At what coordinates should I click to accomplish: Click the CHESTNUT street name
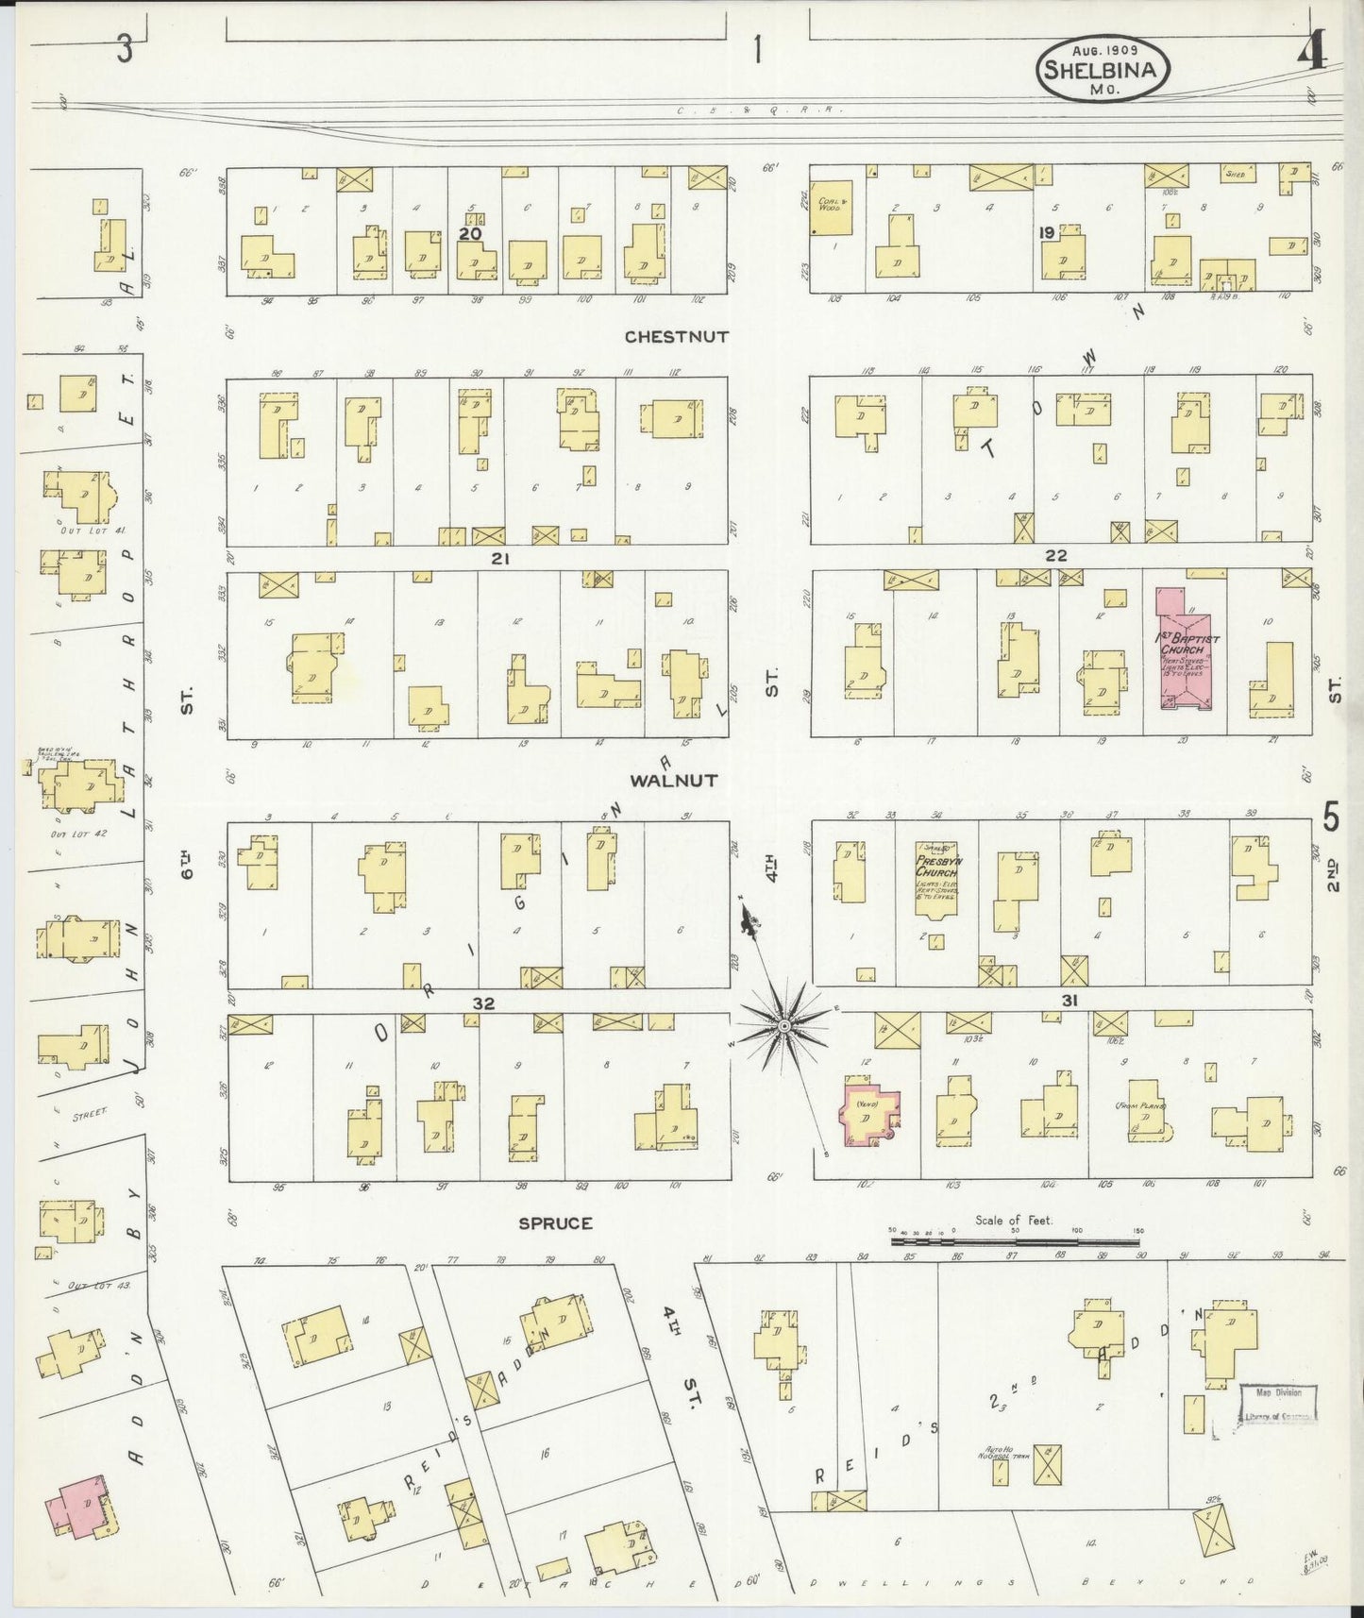click(677, 336)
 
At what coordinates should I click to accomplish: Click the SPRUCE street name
click(555, 1222)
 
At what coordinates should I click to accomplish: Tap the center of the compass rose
click(783, 1024)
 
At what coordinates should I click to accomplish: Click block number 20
click(471, 232)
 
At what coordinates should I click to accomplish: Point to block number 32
click(483, 1003)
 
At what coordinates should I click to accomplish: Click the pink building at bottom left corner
click(80, 1504)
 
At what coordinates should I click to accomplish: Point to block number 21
click(500, 559)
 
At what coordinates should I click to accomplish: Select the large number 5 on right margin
click(1330, 817)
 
